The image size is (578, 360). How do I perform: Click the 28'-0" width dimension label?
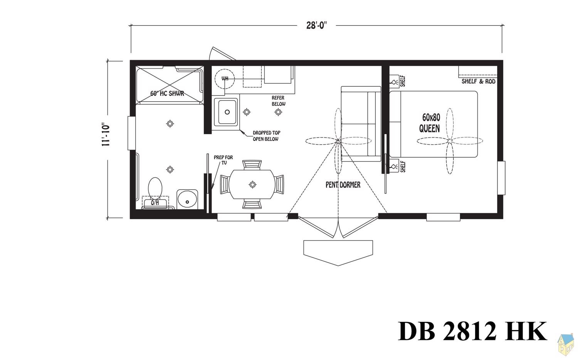pos(316,25)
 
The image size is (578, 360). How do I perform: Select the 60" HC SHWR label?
pos(167,93)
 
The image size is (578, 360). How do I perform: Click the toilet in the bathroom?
pos(155,188)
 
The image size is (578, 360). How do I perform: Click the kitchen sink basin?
pos(227,112)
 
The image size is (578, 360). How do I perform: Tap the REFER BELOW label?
pos(278,101)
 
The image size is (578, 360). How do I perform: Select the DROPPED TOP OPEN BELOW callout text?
pos(266,136)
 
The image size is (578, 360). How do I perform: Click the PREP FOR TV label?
pos(223,160)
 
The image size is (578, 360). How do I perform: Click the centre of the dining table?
pos(252,185)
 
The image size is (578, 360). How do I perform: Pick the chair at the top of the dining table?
pos(252,165)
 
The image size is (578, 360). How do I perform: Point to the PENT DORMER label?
pos(343,185)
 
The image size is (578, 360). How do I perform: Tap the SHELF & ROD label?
pos(478,81)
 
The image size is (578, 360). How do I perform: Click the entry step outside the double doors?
pos(338,251)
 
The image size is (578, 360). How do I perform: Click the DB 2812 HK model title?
pos(472,331)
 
